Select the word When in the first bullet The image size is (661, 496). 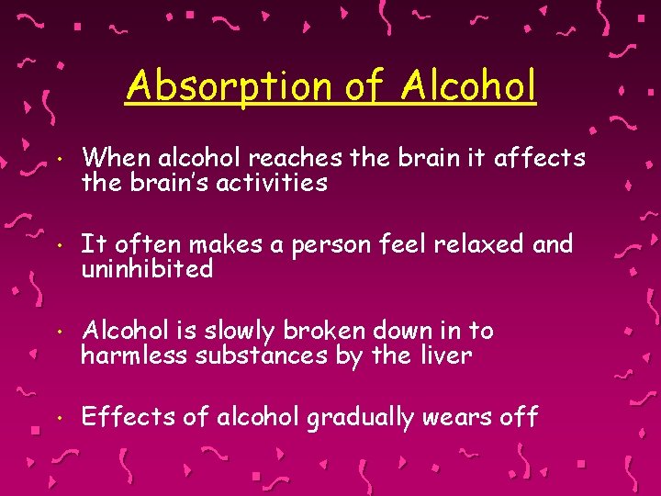click(x=109, y=159)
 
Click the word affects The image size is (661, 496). click(x=540, y=159)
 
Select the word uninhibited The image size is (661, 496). click(x=147, y=269)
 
